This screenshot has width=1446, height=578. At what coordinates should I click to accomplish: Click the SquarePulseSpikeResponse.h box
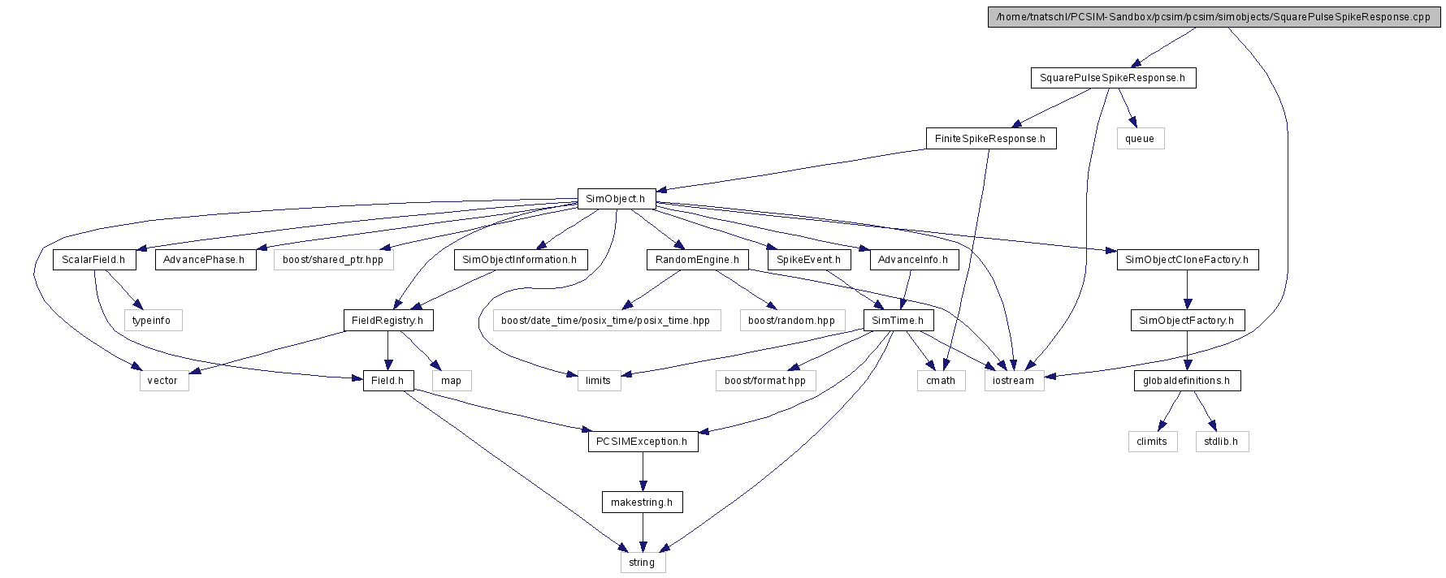[x=1113, y=78]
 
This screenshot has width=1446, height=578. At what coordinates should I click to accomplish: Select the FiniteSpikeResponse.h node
[x=990, y=139]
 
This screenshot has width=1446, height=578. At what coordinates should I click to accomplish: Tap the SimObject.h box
[x=616, y=199]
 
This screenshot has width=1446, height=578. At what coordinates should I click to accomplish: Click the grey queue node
[x=1140, y=139]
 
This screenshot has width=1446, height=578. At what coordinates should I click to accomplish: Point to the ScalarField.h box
[x=93, y=260]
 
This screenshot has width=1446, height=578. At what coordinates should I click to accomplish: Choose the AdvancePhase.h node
[x=204, y=260]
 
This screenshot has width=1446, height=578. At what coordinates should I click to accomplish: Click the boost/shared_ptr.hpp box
[x=333, y=260]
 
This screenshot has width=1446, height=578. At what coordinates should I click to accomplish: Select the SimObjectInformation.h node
[x=520, y=260]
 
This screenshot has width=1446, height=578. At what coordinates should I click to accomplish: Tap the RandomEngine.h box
[x=697, y=260]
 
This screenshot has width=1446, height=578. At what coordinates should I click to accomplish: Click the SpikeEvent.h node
[x=808, y=260]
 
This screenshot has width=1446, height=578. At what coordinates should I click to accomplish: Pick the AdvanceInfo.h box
[x=913, y=260]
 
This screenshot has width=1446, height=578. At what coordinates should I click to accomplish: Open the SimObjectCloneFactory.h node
[x=1187, y=260]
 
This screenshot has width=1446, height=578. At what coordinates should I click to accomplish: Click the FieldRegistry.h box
[x=387, y=321]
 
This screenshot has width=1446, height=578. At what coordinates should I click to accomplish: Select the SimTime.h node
[x=898, y=321]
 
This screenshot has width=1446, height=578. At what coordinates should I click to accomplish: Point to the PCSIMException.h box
[x=642, y=442]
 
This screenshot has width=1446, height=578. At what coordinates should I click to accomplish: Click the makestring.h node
[x=642, y=503]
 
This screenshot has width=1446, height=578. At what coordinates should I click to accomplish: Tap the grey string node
[x=642, y=563]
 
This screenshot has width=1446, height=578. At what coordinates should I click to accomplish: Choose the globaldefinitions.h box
[x=1186, y=381]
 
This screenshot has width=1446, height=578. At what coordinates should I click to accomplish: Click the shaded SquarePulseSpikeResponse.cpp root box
[x=1214, y=17]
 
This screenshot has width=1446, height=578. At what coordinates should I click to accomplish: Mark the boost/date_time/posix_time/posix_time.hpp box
[x=606, y=321]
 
